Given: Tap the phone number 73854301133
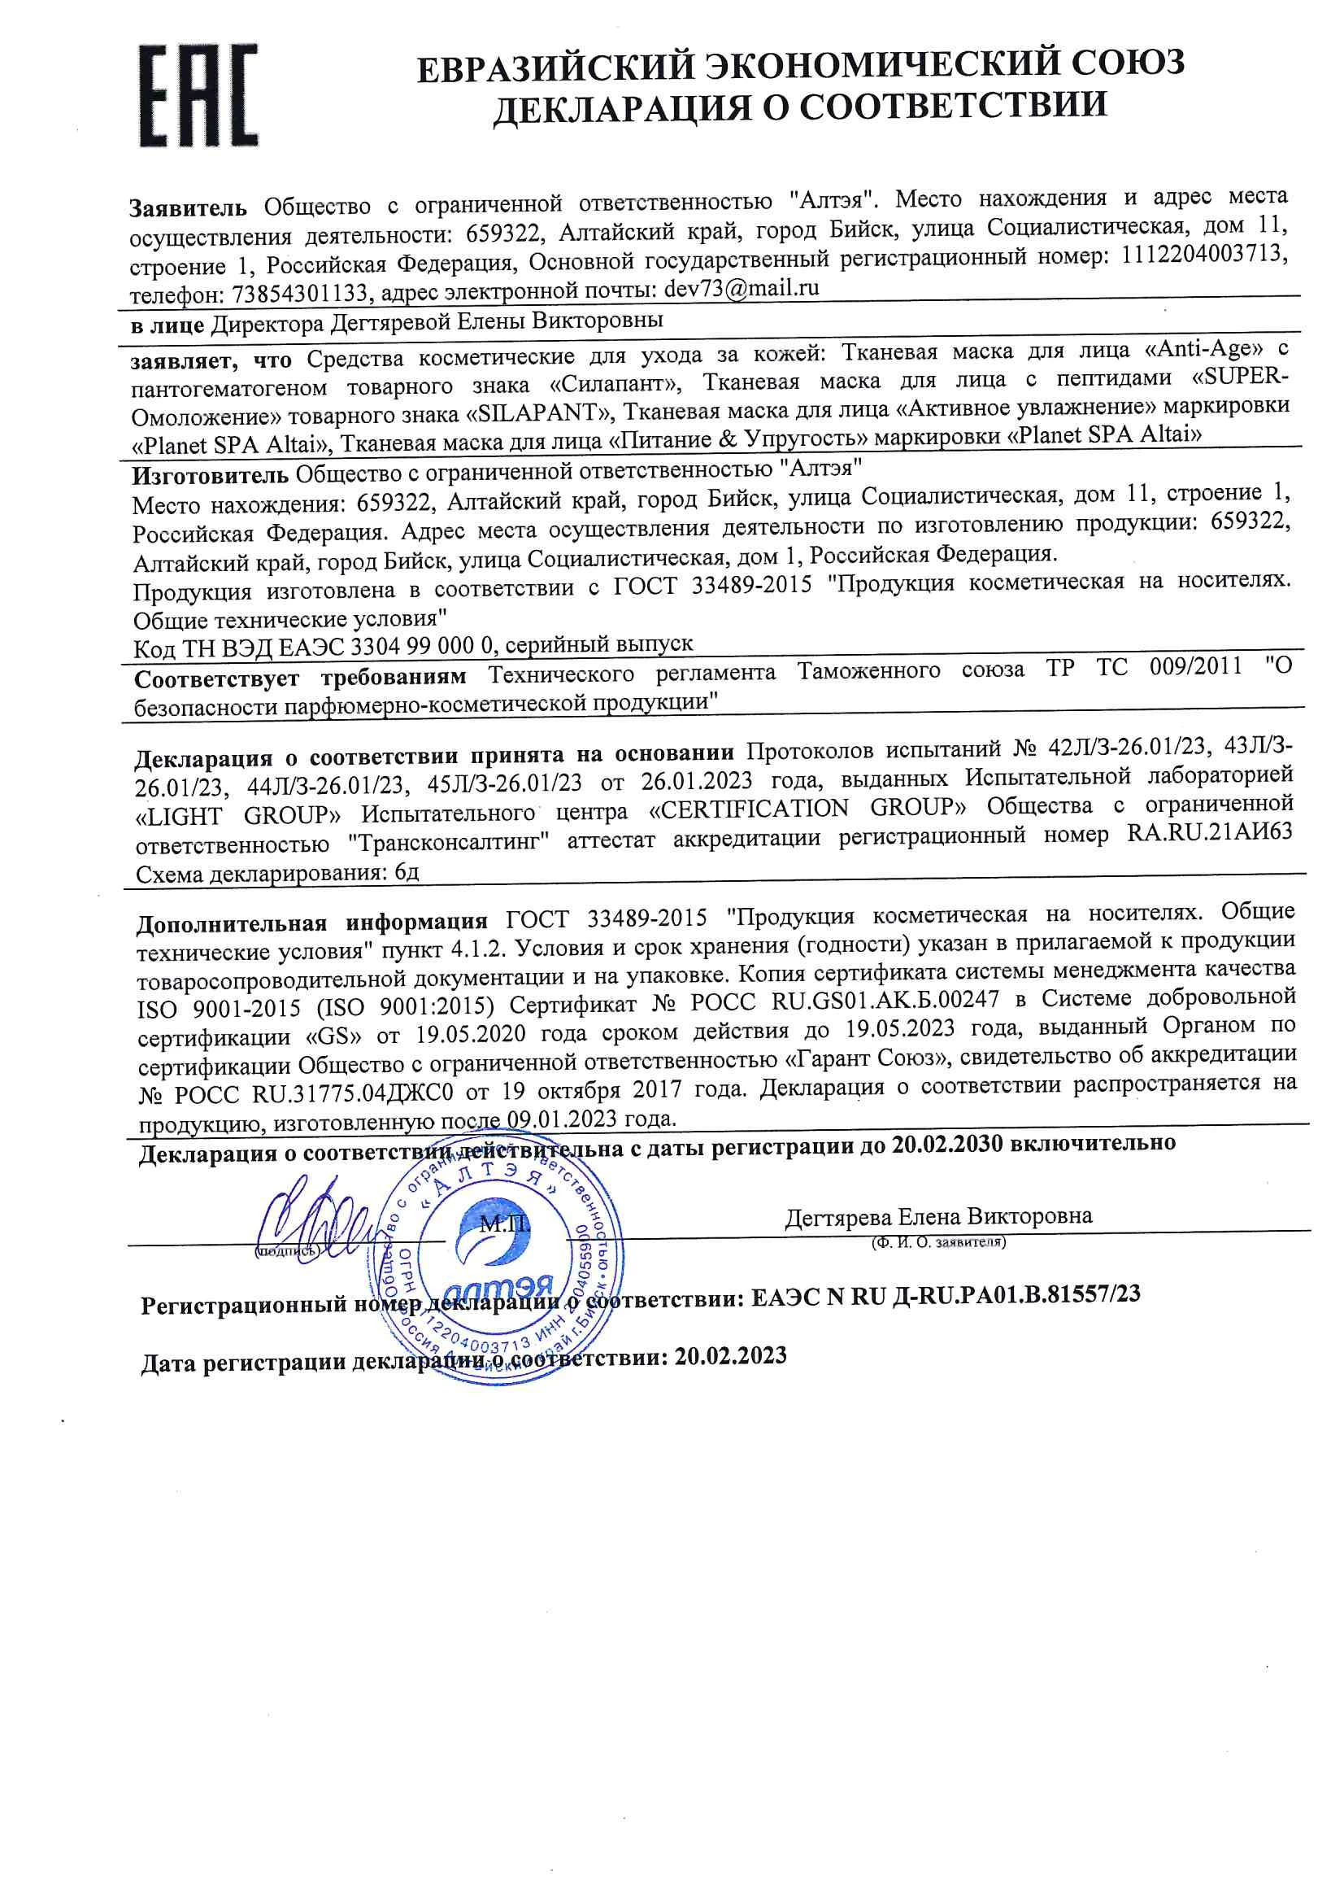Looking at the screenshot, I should pos(299,294).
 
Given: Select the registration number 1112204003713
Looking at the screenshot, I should pos(1204,255).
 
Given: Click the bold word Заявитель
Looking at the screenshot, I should pos(188,208).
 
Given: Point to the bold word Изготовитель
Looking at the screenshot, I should pos(211,475).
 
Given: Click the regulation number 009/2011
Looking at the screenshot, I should pos(1195,666).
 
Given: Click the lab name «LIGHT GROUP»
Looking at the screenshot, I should pos(237,816).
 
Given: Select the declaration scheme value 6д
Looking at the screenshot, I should pos(407,872).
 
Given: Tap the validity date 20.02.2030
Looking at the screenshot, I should pos(946,1144).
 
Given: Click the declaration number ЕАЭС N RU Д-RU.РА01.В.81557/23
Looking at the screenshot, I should pos(945,1296).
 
